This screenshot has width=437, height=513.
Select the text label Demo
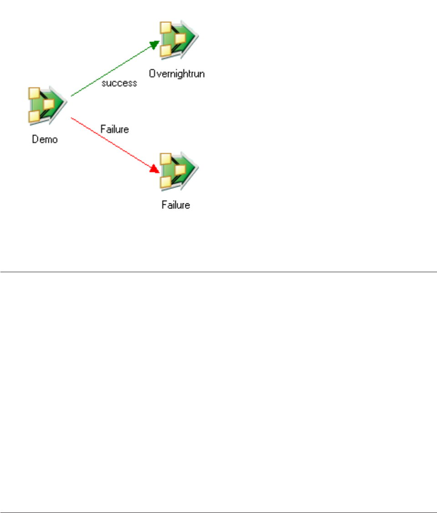(45, 139)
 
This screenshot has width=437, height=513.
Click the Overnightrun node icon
(178, 40)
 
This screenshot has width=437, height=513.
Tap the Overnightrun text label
(177, 74)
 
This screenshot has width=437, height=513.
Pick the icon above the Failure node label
(178, 171)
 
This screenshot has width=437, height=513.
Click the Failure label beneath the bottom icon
(176, 205)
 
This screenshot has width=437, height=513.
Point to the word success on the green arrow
(119, 83)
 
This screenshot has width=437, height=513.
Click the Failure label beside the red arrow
(114, 129)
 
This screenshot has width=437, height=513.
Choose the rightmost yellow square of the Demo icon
(49, 104)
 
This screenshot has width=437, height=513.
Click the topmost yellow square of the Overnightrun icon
(166, 28)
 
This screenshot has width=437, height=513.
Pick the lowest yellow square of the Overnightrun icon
(166, 51)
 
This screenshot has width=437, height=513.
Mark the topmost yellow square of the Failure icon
(166, 159)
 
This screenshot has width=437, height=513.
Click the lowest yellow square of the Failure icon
(166, 182)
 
